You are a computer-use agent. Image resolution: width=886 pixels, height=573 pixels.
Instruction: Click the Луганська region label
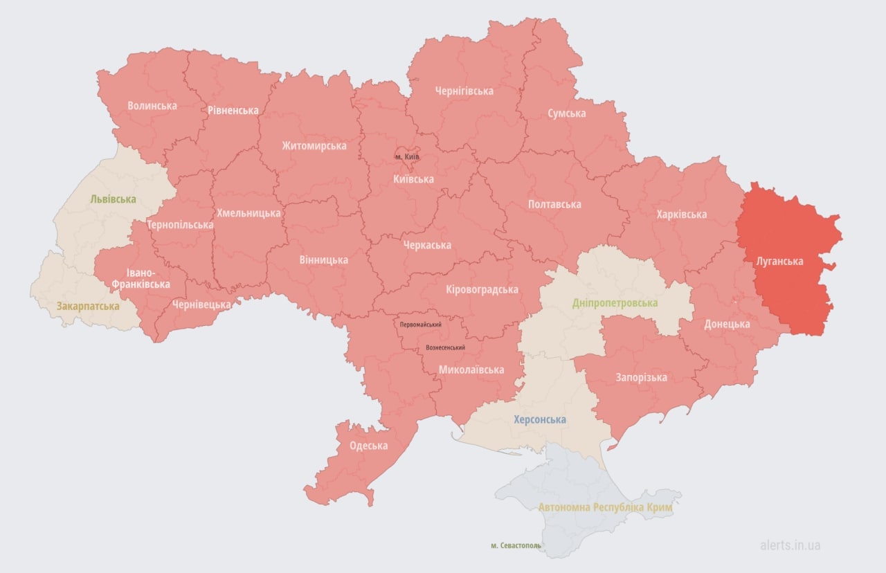(779, 261)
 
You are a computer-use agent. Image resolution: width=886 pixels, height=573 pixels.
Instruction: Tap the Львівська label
(113, 199)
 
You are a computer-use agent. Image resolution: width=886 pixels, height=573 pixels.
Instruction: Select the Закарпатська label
(88, 306)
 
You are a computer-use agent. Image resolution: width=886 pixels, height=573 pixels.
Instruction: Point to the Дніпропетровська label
(615, 303)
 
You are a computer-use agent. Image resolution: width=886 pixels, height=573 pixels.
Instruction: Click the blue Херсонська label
(539, 419)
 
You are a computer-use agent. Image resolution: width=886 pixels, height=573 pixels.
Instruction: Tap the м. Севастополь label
(516, 545)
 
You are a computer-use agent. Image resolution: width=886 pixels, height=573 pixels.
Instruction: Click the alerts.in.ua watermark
(790, 545)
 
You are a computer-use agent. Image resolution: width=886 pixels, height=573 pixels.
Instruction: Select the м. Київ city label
(407, 156)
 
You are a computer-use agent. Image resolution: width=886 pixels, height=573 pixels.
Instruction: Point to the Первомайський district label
(421, 325)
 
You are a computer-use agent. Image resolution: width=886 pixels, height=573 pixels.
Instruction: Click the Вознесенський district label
(445, 347)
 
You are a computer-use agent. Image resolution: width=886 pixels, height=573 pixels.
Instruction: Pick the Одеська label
(368, 445)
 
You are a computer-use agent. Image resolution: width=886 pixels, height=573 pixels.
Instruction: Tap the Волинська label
(152, 106)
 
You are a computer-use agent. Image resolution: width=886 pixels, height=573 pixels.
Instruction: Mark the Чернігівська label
(464, 91)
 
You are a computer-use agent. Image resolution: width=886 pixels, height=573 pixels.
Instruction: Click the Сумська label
(566, 113)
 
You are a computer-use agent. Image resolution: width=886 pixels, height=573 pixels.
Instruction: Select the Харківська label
(682, 214)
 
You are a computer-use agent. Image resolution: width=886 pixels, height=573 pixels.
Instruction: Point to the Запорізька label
(641, 377)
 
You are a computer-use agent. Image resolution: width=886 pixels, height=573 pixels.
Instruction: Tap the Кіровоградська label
(482, 289)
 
